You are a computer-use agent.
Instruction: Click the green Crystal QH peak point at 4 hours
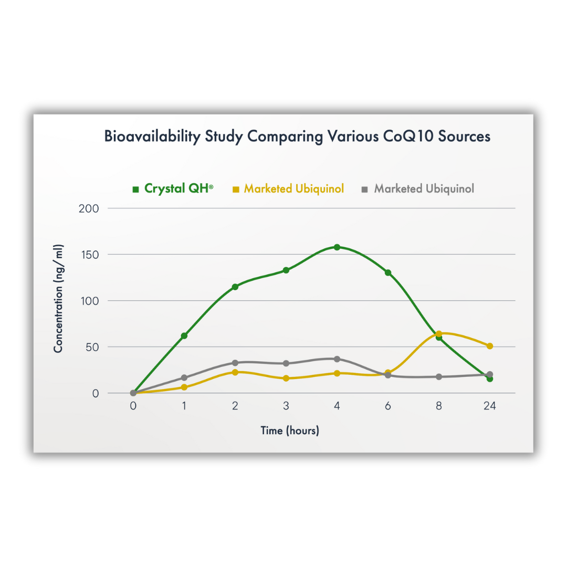point(337,247)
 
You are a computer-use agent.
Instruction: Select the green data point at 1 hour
point(184,335)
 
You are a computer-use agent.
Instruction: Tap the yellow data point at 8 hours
point(439,334)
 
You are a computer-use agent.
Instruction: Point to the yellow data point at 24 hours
point(490,346)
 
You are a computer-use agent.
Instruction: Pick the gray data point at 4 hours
point(337,359)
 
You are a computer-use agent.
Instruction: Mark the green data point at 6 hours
point(388,272)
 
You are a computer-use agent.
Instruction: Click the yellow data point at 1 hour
point(184,387)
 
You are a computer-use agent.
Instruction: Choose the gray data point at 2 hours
point(235,363)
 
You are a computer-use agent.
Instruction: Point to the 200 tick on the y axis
point(89,208)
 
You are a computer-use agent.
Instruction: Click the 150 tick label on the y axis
point(89,255)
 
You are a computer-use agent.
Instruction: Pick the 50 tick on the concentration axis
point(92,347)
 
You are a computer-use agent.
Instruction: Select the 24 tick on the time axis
point(490,406)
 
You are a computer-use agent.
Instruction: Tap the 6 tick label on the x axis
point(388,406)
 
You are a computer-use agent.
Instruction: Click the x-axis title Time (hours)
point(290,431)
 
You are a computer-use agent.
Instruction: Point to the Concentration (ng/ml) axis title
point(58,299)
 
